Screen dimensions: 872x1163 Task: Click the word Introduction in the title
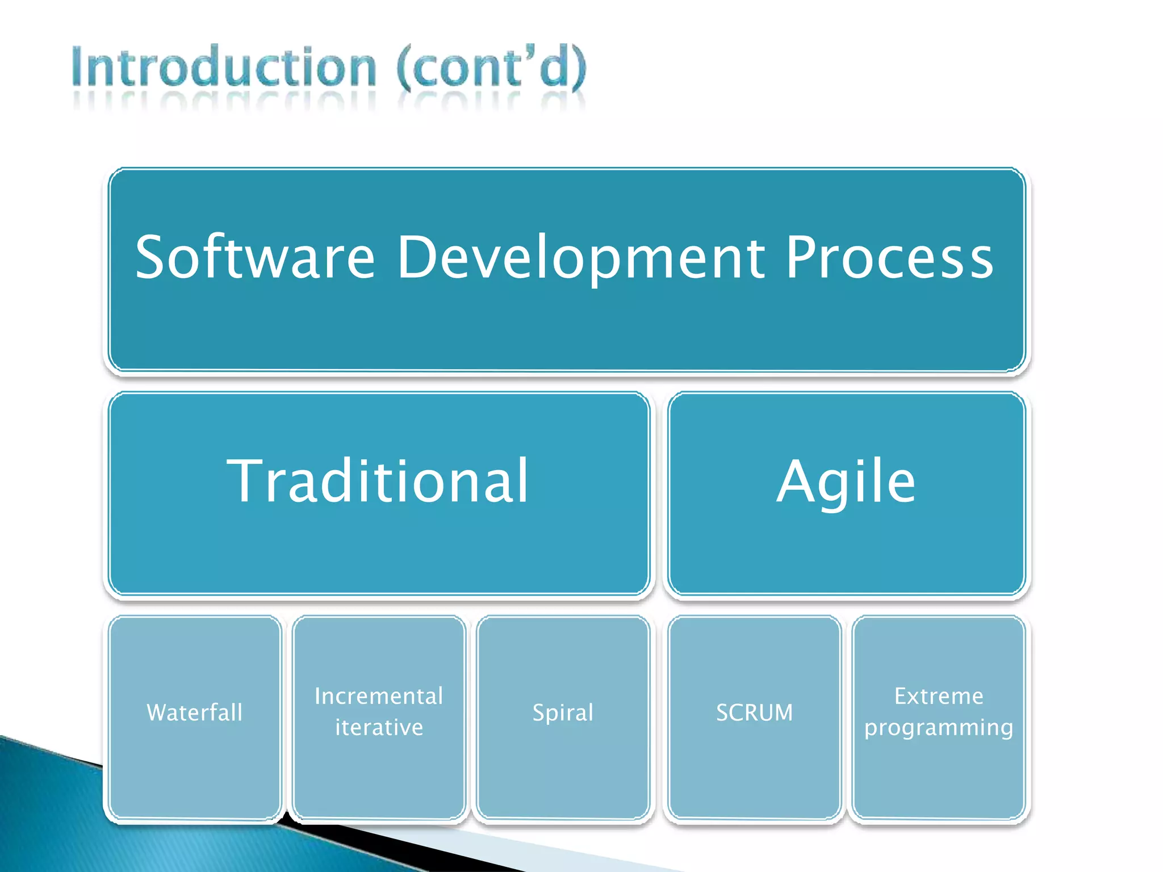click(224, 68)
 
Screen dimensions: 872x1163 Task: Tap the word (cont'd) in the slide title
click(491, 68)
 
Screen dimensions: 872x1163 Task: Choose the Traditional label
click(378, 481)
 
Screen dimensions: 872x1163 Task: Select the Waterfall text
click(195, 712)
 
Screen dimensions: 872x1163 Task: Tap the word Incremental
click(379, 696)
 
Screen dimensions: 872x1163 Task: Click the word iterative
click(379, 727)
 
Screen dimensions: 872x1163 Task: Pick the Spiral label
click(563, 713)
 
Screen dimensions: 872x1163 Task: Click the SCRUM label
click(754, 712)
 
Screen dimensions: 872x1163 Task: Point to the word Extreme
click(939, 696)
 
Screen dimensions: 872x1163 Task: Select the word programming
click(939, 728)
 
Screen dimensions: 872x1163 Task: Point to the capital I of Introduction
click(78, 67)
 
